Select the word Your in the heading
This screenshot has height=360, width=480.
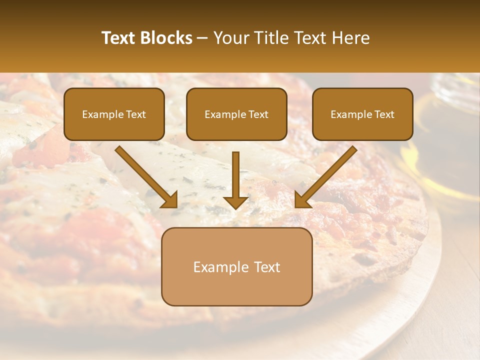[x=229, y=38]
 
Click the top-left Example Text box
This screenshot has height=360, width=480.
[x=114, y=114]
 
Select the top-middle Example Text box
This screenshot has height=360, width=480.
[x=236, y=114]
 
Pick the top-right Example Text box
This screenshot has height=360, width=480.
[x=362, y=114]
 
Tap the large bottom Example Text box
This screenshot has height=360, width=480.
[x=236, y=266]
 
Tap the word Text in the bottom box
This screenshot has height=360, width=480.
[x=267, y=267]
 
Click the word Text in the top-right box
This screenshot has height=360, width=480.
[x=384, y=114]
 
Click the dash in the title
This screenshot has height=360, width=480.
[x=203, y=38]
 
